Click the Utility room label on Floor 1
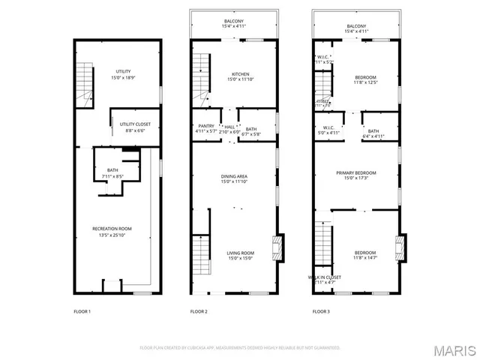click(x=124, y=74)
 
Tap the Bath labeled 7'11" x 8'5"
click(x=112, y=173)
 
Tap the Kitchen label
click(x=240, y=76)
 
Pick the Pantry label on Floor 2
click(x=205, y=128)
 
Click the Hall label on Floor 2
click(x=228, y=128)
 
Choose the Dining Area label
click(x=234, y=179)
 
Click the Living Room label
click(x=240, y=256)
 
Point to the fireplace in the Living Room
click(x=280, y=247)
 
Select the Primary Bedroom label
click(x=355, y=175)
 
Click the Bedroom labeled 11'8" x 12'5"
click(x=365, y=80)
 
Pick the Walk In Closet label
click(x=325, y=279)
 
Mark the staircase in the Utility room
click(x=84, y=84)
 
